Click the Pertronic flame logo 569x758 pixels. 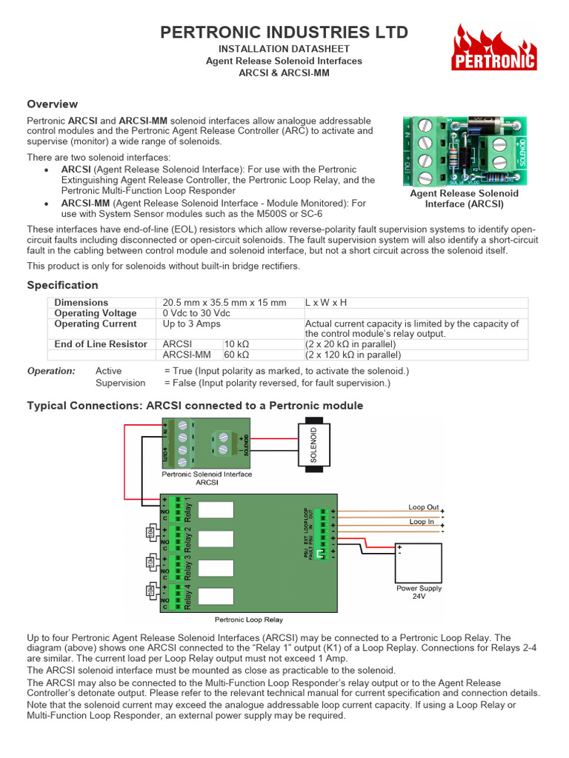coord(494,47)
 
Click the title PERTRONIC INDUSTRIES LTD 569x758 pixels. coord(284,33)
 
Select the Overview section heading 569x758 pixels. coord(52,104)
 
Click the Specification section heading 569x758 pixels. coord(62,285)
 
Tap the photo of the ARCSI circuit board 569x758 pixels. coord(465,151)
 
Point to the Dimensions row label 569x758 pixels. coord(81,303)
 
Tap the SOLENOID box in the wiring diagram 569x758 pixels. coord(313,446)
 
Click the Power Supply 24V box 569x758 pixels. coord(419,564)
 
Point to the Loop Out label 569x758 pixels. coord(423,507)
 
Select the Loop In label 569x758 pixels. coord(422,522)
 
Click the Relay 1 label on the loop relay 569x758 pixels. coord(187,509)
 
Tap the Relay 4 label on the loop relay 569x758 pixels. coord(187,597)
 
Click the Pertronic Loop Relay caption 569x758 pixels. coord(248,620)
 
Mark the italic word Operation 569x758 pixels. coord(51,371)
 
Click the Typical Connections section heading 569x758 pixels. coord(195,406)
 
